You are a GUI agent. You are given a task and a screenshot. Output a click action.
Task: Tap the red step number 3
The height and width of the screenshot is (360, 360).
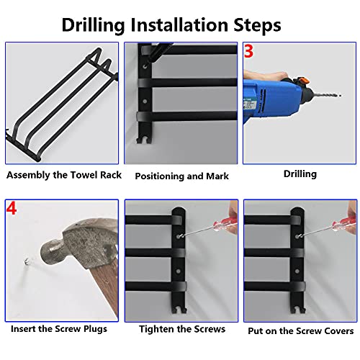point(248,51)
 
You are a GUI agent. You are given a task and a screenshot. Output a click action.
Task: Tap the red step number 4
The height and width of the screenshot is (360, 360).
point(12,208)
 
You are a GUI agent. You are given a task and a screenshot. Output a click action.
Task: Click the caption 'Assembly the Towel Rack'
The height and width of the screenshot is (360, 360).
point(64,175)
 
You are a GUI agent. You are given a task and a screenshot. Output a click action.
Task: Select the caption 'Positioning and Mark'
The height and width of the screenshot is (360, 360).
point(181,176)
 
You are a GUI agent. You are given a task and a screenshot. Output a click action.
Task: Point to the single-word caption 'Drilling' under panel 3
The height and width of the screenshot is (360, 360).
point(300,174)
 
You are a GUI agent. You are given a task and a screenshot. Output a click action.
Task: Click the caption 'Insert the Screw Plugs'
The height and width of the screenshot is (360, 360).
point(59,329)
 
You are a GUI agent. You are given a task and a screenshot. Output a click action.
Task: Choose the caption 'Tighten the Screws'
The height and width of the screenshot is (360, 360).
point(182,329)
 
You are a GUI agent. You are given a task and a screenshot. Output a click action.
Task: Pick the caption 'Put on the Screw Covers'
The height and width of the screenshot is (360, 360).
point(301,331)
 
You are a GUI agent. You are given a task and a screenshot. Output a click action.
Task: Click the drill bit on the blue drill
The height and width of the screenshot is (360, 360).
point(327,95)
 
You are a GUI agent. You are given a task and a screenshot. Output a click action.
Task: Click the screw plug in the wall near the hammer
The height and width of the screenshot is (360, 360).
point(27,261)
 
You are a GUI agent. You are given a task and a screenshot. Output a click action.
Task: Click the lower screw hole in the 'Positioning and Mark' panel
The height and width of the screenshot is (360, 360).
point(145,102)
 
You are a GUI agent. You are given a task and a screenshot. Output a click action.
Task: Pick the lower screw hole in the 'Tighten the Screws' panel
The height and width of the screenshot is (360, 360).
point(178,271)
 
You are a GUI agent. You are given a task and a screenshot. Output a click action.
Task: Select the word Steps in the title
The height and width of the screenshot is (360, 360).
point(257,25)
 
